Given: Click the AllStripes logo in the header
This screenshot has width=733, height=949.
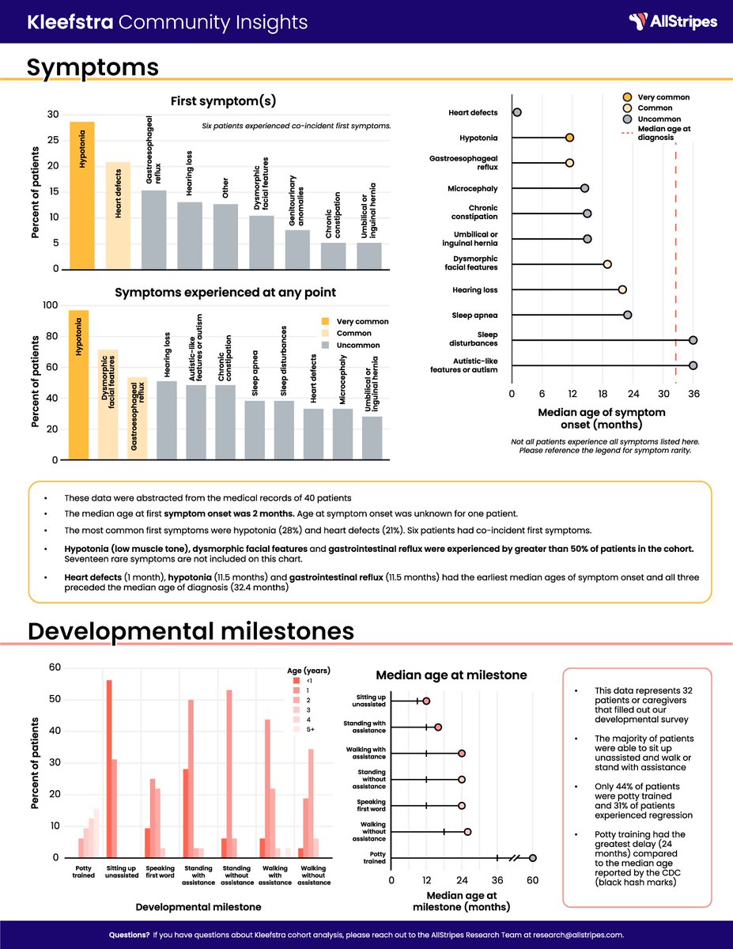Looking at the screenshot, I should tap(673, 21).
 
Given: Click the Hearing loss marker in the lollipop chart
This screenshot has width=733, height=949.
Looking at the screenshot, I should tap(622, 290).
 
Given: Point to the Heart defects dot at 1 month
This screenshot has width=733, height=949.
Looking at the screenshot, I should tap(517, 113).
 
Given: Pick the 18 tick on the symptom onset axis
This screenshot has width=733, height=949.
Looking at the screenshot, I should tap(603, 394).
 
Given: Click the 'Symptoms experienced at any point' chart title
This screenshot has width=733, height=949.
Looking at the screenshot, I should tap(225, 293).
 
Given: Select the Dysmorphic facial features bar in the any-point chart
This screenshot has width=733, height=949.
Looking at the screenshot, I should tap(108, 404).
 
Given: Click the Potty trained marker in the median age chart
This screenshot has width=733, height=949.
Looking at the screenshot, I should tap(533, 858).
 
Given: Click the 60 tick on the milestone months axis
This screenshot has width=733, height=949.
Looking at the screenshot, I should tap(533, 878).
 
